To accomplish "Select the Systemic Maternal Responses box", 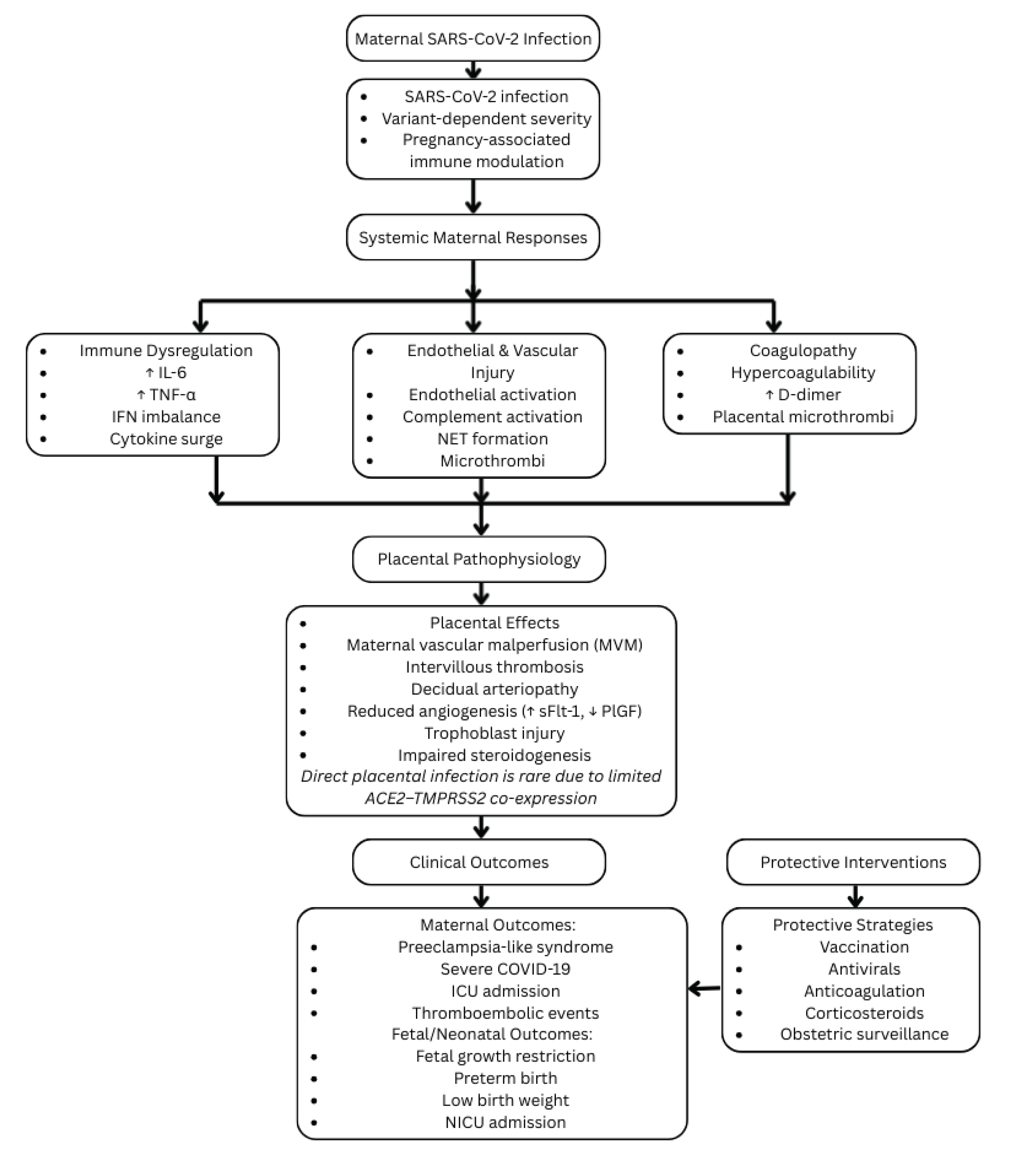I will pos(473,237).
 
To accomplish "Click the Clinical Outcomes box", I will pos(479,862).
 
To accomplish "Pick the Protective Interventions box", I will pos(853,862).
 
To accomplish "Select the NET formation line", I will pos(492,439).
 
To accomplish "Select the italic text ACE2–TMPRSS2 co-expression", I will pos(480,798).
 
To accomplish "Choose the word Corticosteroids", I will pos(864,1013).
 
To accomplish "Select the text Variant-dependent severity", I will pos(486,118).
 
